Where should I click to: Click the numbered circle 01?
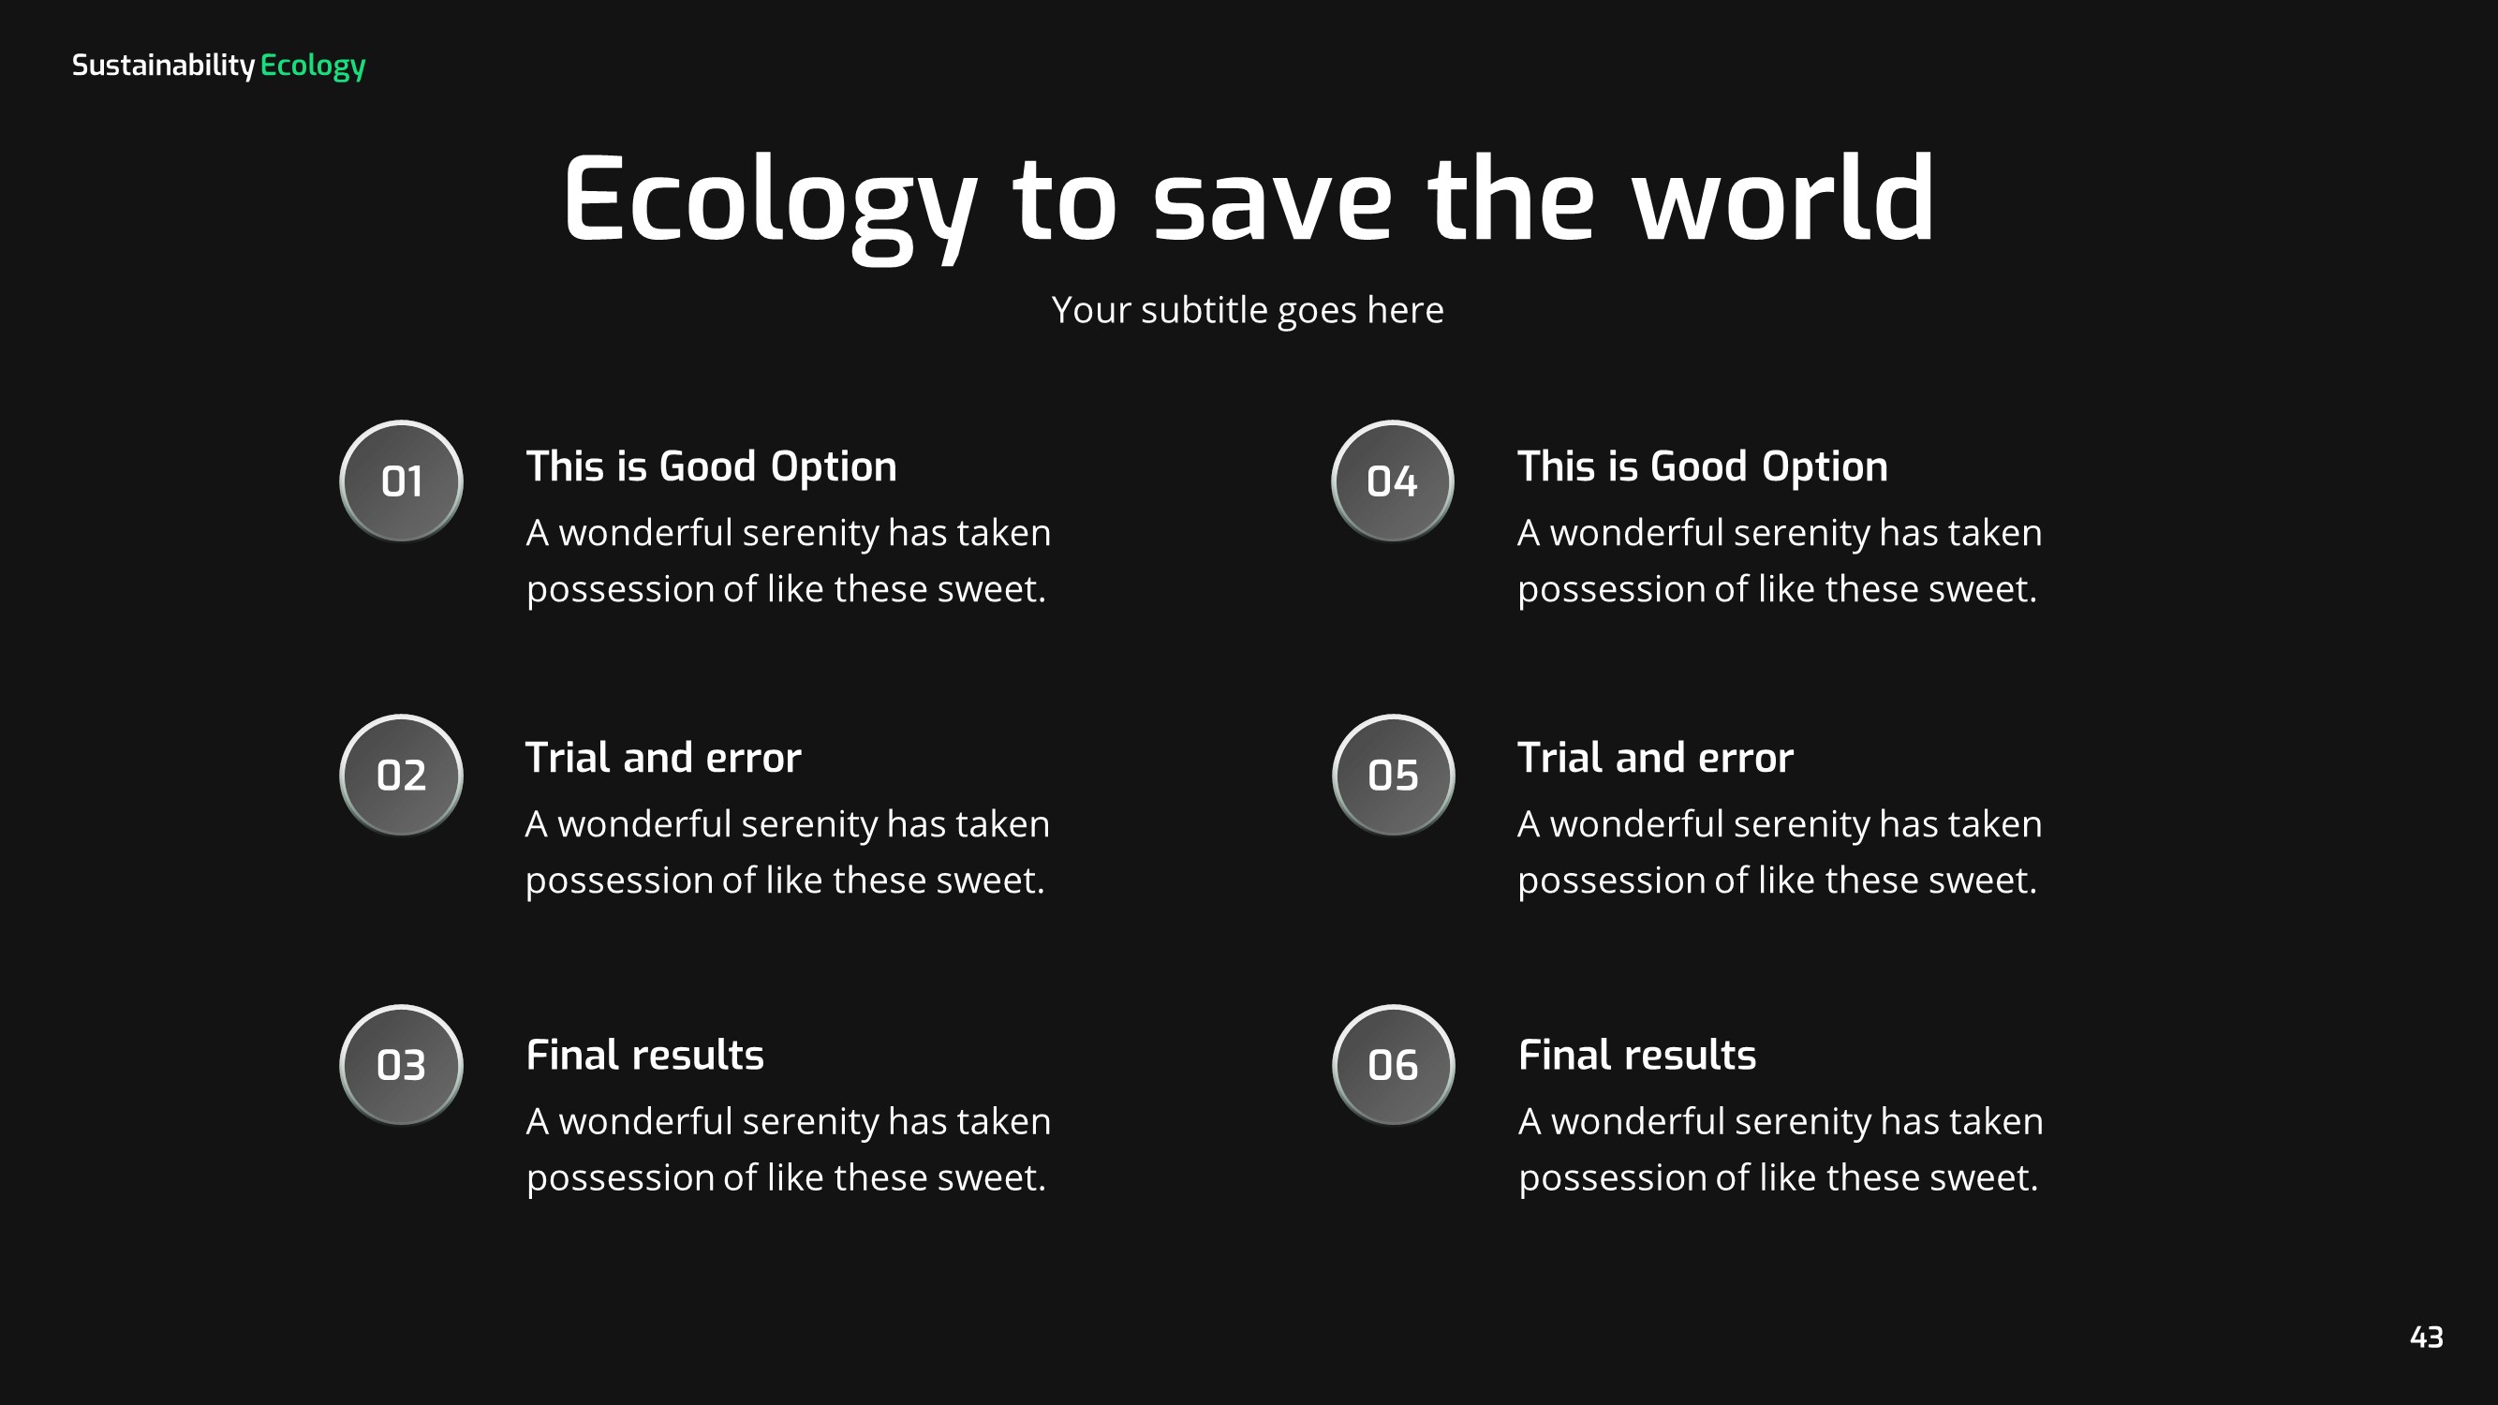click(401, 481)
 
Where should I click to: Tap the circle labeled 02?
click(401, 775)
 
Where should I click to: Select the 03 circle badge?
click(401, 1065)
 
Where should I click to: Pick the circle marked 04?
click(1392, 481)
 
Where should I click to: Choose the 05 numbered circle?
click(1393, 775)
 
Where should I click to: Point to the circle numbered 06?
click(1393, 1065)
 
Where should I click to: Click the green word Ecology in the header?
click(312, 65)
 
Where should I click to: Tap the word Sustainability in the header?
click(163, 65)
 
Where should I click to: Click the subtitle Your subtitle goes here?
click(1248, 310)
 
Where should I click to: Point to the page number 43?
click(2425, 1338)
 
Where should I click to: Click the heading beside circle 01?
click(711, 466)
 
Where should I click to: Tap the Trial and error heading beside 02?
click(662, 757)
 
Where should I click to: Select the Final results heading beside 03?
click(644, 1055)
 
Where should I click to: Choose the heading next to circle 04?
click(1702, 466)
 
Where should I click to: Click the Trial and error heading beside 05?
click(1654, 757)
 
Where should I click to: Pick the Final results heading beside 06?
click(1637, 1055)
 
